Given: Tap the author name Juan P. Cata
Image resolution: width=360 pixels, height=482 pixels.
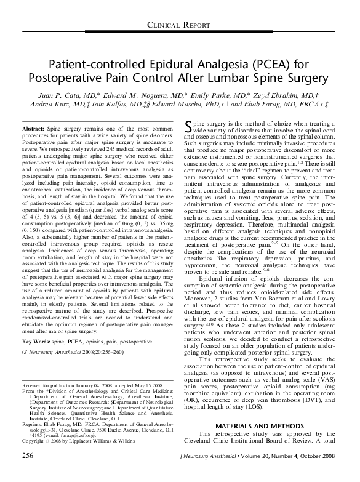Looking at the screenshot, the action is coord(65,97).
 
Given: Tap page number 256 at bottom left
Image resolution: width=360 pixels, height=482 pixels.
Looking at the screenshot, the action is coord(27,472).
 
